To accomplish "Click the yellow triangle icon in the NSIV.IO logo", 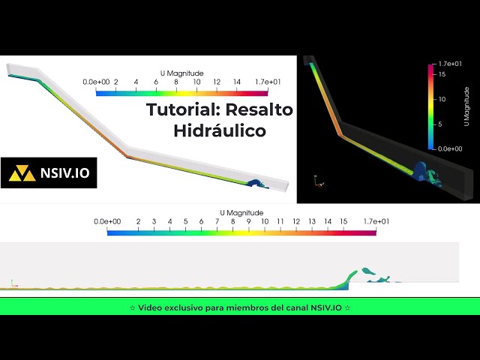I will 24,174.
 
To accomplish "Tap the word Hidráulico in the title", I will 220,130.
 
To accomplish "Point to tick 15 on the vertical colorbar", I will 442,74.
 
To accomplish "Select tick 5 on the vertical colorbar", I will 441,124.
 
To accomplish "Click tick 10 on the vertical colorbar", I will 442,99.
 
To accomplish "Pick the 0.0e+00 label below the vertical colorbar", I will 450,148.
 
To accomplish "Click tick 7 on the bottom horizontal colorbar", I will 217,222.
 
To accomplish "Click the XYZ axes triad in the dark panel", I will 318,181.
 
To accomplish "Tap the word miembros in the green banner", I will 254,307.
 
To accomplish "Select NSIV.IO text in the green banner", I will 323,307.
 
